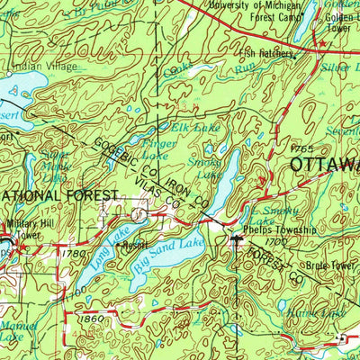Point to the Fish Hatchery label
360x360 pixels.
coord(268,54)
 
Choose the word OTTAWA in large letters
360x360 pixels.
coord(323,164)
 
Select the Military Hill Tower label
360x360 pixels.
coord(23,229)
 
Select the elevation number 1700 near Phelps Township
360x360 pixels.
coord(276,242)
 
